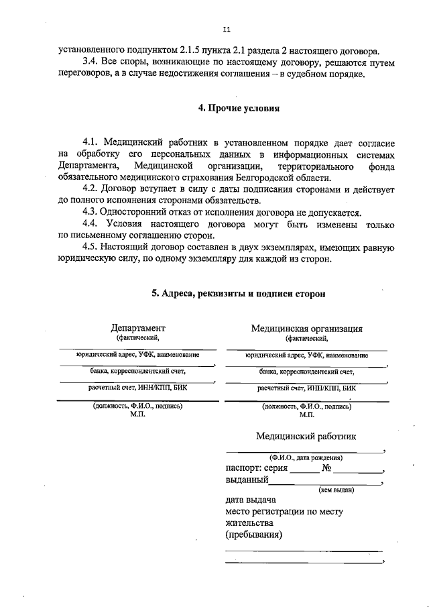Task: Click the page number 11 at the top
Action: pos(226,29)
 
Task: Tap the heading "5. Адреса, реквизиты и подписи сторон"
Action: pos(239,294)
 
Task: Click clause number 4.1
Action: pos(91,144)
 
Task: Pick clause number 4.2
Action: pos(91,189)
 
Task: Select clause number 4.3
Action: pos(91,213)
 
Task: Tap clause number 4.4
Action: pos(91,224)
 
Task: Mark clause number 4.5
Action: pos(91,247)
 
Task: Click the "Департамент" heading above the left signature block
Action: pos(137,328)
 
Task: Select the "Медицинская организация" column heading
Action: pos(306,329)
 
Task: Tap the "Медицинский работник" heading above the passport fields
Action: pos(306,436)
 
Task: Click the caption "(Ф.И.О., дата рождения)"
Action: pos(304,457)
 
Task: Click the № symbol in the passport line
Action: pos(328,468)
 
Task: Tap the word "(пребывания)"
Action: pos(253,535)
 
